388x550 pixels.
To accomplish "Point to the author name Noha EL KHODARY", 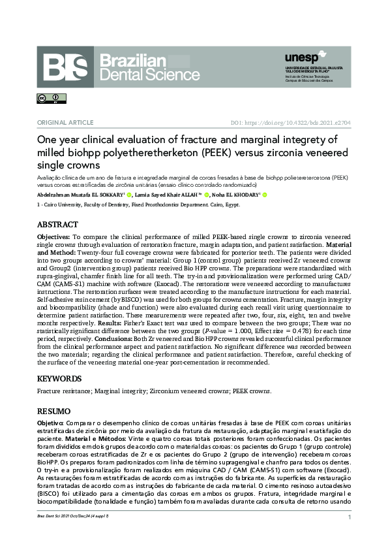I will click(236, 195).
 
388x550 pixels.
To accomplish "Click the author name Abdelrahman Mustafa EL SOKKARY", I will click(80, 195).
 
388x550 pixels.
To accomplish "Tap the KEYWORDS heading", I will click(60, 378).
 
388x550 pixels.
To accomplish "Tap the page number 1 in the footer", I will click(350, 517).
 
